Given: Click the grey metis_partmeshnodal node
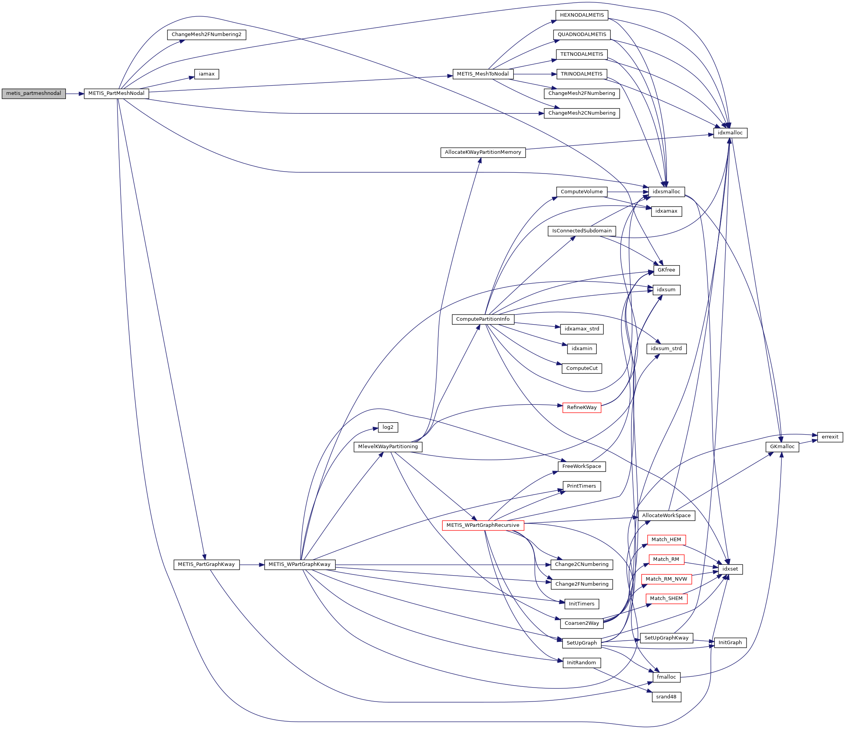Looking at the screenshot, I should [33, 93].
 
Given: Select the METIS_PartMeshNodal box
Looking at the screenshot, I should [116, 93].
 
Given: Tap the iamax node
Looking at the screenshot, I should [206, 74].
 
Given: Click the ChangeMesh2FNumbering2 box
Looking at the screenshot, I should [206, 34].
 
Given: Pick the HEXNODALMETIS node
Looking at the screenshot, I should [581, 15].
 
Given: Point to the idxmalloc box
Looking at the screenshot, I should [730, 133].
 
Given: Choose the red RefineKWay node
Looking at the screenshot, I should [581, 407].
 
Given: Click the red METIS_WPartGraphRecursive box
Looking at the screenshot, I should [483, 525].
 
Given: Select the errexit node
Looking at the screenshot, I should [830, 437].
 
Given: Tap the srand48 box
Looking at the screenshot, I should [666, 697].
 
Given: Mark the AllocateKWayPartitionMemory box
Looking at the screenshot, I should [483, 152].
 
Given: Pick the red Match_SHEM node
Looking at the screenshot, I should [666, 598].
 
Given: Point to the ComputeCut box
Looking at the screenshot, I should [581, 368].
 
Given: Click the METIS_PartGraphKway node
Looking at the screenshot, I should [206, 565].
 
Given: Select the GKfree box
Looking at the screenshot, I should [666, 270].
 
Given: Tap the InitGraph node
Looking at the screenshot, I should [730, 643].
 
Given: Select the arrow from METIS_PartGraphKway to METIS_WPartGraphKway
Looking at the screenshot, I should [252, 565].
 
